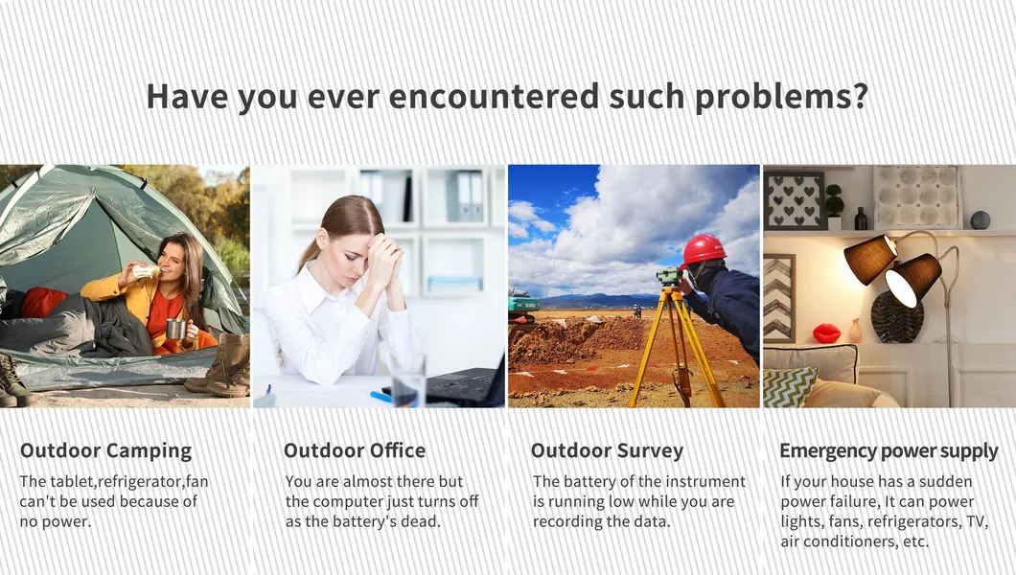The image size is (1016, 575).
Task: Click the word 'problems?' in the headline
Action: [x=781, y=97]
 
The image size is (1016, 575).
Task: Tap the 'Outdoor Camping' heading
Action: [x=105, y=450]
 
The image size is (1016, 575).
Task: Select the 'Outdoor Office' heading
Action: [x=355, y=450]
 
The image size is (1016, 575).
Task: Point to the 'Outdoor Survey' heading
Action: [x=607, y=450]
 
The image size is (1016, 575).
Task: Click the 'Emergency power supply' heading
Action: [x=889, y=450]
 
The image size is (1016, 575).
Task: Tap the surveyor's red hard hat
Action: [x=703, y=250]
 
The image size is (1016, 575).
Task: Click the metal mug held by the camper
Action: [x=175, y=329]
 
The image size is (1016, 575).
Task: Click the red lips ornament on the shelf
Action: [x=826, y=333]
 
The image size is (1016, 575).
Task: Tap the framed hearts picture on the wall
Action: [x=795, y=200]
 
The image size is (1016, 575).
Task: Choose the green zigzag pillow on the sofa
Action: [x=789, y=387]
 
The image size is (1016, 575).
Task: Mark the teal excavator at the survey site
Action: [x=523, y=307]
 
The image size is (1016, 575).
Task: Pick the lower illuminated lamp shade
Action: [x=912, y=280]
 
